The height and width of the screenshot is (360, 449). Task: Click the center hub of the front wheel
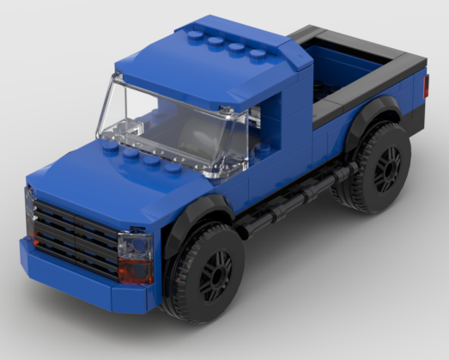coord(215,274)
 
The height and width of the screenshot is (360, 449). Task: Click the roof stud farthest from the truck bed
coord(195,37)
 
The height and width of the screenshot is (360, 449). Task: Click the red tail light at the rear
coord(426,85)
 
